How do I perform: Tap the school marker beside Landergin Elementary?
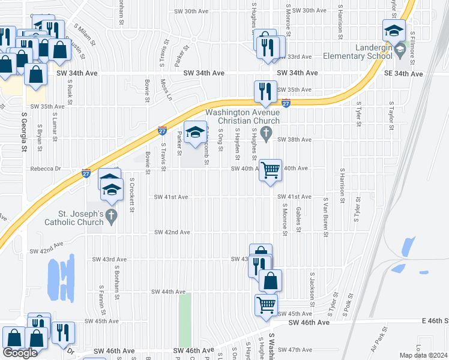tap(394, 31)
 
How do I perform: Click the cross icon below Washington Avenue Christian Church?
tap(269, 132)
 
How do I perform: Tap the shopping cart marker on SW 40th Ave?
tap(271, 170)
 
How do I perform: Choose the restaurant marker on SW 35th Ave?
tap(265, 92)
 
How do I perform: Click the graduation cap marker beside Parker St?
tap(194, 134)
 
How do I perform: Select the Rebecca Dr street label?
tap(46, 169)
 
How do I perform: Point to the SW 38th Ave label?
tap(294, 139)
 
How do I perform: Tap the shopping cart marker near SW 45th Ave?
tap(266, 304)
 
